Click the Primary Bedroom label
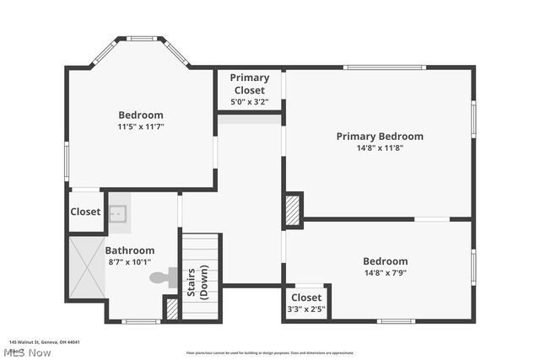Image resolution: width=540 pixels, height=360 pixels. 380,137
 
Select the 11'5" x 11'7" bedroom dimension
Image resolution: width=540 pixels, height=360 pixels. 141,126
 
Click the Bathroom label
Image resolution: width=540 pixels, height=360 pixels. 129,250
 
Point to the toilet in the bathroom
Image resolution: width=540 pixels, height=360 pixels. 160,277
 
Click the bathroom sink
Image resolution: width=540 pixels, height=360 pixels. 117,213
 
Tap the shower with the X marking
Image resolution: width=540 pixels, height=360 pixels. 85,267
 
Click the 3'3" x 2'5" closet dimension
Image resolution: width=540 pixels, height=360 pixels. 306,309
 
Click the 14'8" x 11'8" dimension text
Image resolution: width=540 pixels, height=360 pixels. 380,148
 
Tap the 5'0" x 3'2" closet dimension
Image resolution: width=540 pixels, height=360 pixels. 249,102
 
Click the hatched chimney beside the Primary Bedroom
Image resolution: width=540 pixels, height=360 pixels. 293,211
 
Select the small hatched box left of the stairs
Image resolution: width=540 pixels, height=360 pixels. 172,309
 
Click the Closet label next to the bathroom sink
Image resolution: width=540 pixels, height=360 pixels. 85,212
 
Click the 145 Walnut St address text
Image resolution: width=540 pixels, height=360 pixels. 44,342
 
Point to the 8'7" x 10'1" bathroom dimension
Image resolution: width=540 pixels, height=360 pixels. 129,262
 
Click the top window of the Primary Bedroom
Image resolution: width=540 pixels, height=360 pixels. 384,67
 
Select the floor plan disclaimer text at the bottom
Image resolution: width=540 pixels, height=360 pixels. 270,352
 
